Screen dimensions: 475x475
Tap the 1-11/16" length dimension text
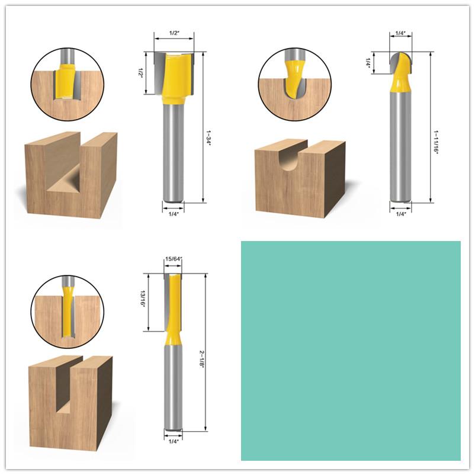click(437, 133)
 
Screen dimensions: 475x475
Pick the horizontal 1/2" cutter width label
click(174, 33)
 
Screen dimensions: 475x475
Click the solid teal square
click(351, 350)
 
